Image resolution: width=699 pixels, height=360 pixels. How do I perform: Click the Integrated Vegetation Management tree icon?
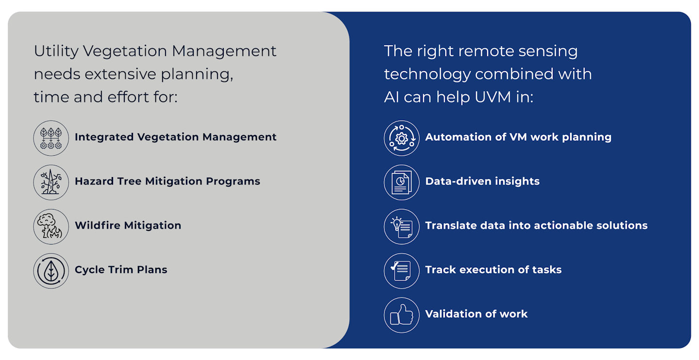(51, 138)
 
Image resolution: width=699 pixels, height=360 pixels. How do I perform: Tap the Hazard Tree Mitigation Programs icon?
(51, 182)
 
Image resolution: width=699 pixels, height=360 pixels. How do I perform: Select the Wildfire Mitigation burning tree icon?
(51, 227)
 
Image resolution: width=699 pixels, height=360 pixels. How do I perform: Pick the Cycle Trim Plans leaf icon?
(51, 271)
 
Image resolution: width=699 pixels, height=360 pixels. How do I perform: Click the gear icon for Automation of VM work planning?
(401, 138)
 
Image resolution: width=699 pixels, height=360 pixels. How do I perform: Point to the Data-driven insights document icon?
(401, 182)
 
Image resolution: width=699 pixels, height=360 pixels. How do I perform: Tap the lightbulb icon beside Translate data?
(401, 227)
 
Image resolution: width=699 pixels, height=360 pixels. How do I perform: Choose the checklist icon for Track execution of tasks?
(401, 271)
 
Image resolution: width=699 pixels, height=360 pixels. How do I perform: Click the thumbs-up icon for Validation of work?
(401, 315)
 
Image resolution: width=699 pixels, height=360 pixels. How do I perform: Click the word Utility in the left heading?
(56, 51)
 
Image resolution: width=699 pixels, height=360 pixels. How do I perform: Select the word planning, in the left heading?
(197, 75)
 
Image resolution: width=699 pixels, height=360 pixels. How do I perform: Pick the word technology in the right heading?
(427, 75)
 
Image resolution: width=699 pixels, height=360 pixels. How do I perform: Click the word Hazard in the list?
(94, 181)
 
